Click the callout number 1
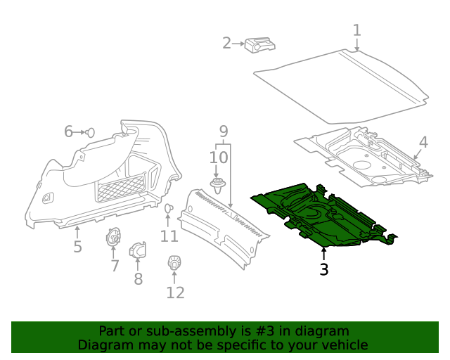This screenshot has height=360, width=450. [356, 30]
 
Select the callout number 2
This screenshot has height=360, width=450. [226, 44]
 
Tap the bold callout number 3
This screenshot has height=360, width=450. [323, 269]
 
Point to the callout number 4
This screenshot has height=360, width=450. [423, 142]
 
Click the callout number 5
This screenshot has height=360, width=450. [77, 247]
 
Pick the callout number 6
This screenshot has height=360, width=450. [69, 131]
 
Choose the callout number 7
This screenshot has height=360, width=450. [115, 266]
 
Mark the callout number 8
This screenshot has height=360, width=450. [138, 279]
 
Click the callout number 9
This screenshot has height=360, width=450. [223, 131]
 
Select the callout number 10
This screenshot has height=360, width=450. [218, 157]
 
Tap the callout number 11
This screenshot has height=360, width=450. [169, 236]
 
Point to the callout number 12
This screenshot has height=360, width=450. [175, 292]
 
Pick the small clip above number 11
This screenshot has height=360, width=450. [169, 209]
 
